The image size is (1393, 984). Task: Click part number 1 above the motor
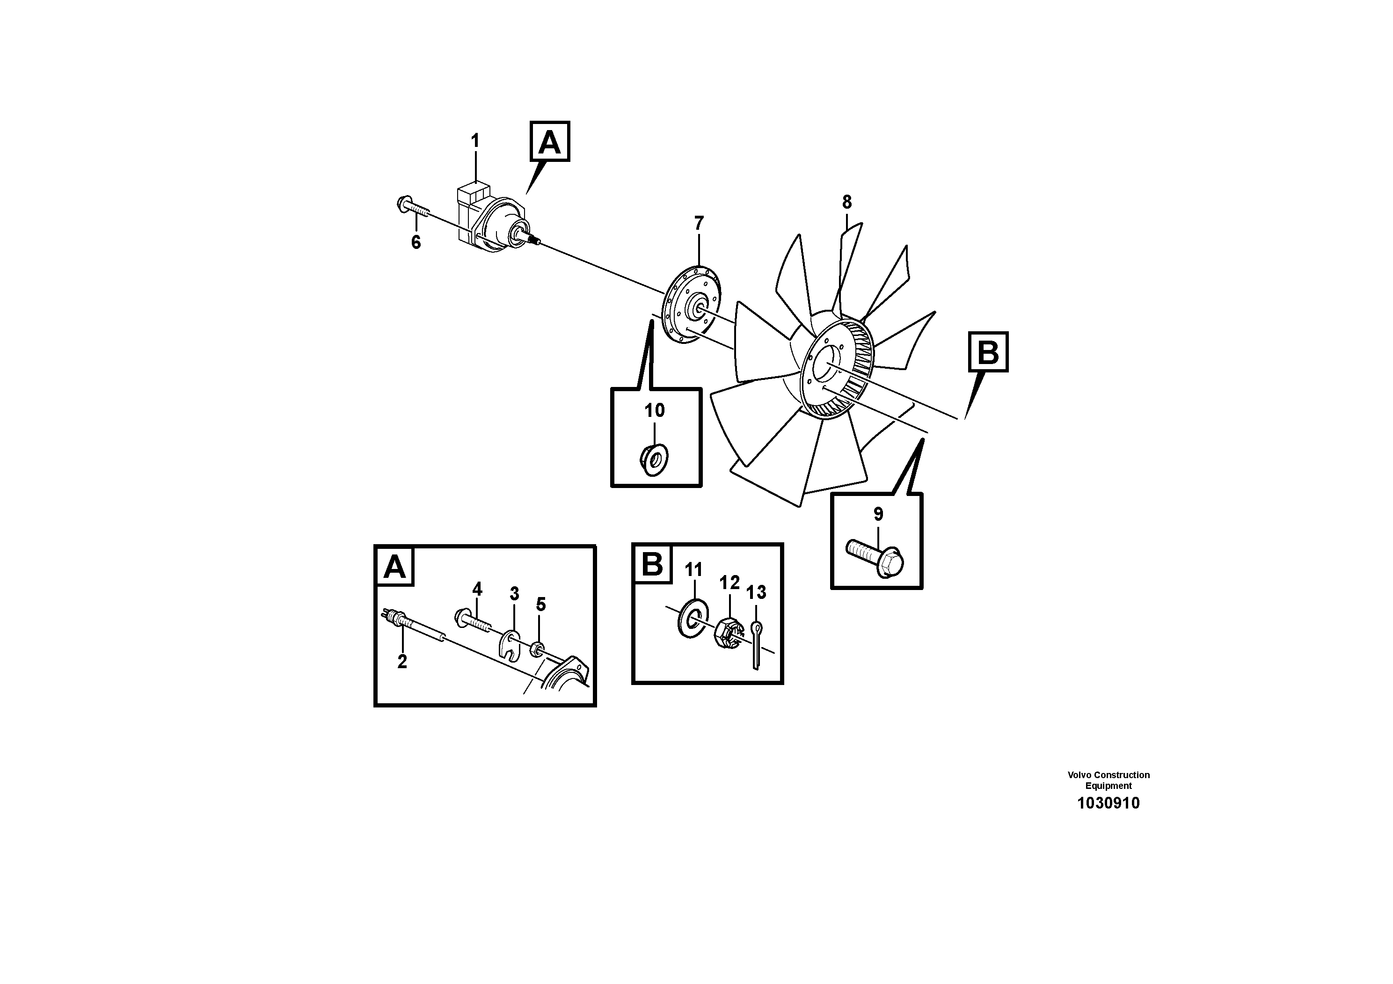pyautogui.click(x=475, y=141)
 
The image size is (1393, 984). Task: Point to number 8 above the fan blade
pyautogui.click(x=846, y=202)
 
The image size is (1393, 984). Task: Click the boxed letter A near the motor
pyautogui.click(x=550, y=142)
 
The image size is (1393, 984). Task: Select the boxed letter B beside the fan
pyautogui.click(x=988, y=352)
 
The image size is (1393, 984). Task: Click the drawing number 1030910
pyautogui.click(x=1108, y=803)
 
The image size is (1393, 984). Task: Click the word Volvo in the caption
pyautogui.click(x=1079, y=775)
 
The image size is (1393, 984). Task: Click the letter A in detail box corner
pyautogui.click(x=394, y=567)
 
